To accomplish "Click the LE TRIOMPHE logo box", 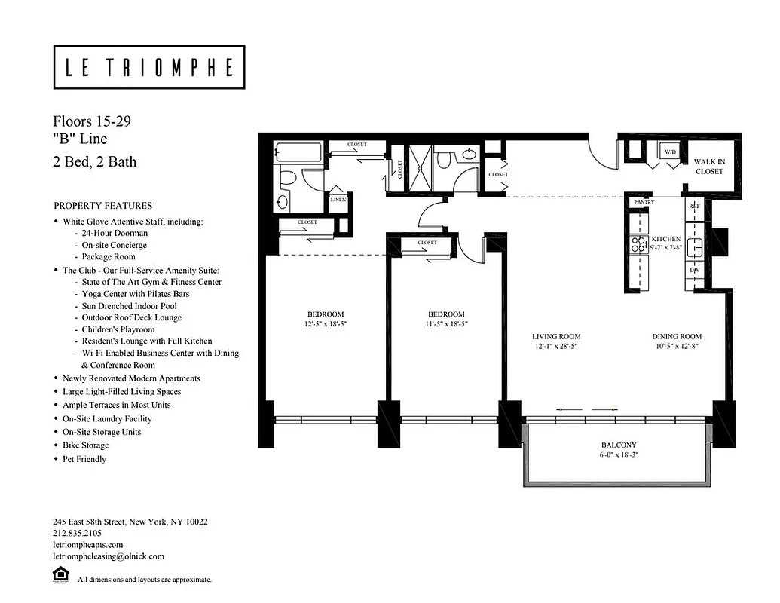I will point(148,67).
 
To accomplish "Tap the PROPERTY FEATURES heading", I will point(102,206).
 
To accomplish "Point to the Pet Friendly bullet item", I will point(84,459).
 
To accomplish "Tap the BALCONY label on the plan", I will point(619,445).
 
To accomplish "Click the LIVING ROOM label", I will point(556,337).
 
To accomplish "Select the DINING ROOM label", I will point(677,337).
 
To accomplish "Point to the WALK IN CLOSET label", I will point(708,167).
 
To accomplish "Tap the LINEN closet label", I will point(338,200).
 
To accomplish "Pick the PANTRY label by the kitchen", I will point(644,203).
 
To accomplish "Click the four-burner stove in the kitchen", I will point(638,244).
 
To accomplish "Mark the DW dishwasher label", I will point(693,269).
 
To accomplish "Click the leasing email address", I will point(108,556).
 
